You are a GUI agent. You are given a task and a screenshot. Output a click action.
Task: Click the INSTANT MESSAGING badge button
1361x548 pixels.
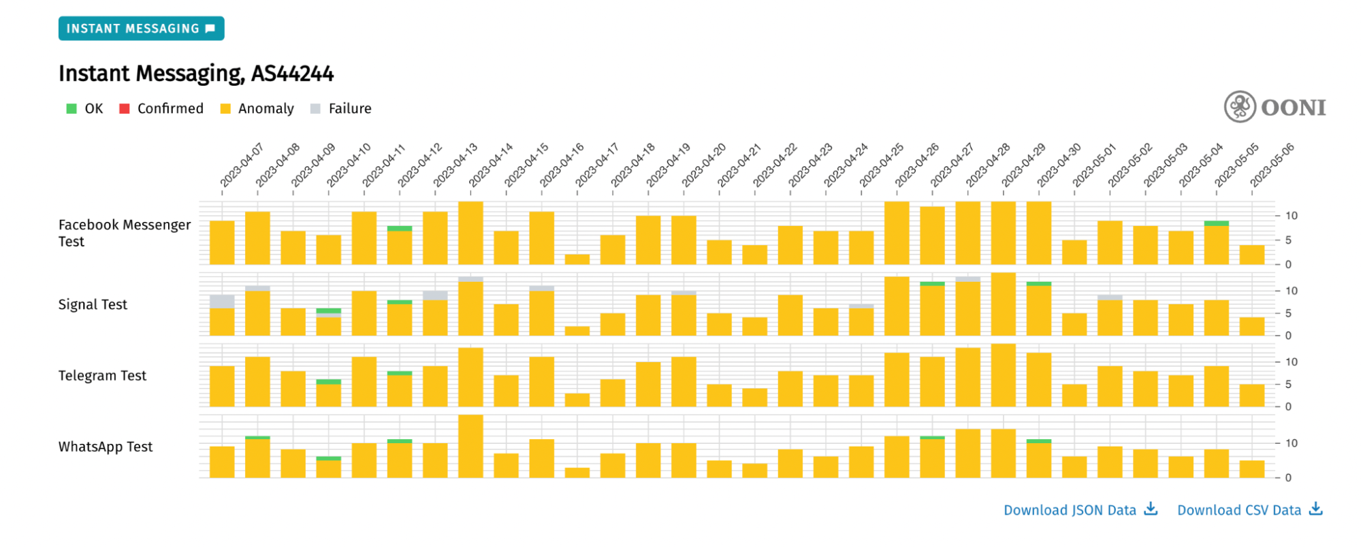coord(141,29)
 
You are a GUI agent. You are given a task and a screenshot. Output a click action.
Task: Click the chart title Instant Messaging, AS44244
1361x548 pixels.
coord(196,74)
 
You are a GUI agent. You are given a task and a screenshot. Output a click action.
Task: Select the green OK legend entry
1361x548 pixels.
coord(85,109)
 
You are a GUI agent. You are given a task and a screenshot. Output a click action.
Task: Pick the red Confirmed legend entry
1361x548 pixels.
coord(162,109)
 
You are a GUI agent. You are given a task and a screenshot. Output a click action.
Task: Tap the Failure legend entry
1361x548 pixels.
coord(341,109)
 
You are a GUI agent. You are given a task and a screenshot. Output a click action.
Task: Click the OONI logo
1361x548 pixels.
coord(1275,107)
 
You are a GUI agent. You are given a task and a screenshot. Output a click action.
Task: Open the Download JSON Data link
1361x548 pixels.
coord(1080,510)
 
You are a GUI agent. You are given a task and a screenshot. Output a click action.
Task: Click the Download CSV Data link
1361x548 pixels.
coord(1249,510)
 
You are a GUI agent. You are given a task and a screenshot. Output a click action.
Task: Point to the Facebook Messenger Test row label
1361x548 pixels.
coord(124,233)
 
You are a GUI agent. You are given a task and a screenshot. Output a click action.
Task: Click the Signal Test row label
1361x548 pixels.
coord(93,304)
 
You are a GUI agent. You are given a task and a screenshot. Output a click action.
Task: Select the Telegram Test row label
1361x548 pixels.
coord(102,376)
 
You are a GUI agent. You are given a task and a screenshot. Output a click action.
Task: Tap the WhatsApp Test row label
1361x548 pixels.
coord(106,447)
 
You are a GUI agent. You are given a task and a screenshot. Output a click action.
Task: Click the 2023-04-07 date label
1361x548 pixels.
coord(241,165)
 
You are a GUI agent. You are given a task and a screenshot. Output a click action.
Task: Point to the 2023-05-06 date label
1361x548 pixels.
coord(1271,165)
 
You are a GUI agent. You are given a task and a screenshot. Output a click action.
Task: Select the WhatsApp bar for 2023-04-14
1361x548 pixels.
coord(470,447)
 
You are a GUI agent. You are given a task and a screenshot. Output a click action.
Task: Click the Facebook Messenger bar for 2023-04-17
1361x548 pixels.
coord(577,259)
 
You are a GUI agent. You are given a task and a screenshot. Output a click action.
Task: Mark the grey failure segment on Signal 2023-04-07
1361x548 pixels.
coord(222,302)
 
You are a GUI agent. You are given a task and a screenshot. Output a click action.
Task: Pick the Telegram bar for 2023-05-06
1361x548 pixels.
coord(1252,396)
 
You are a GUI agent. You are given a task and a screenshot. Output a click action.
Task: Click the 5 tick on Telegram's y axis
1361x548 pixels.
coord(1287,385)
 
